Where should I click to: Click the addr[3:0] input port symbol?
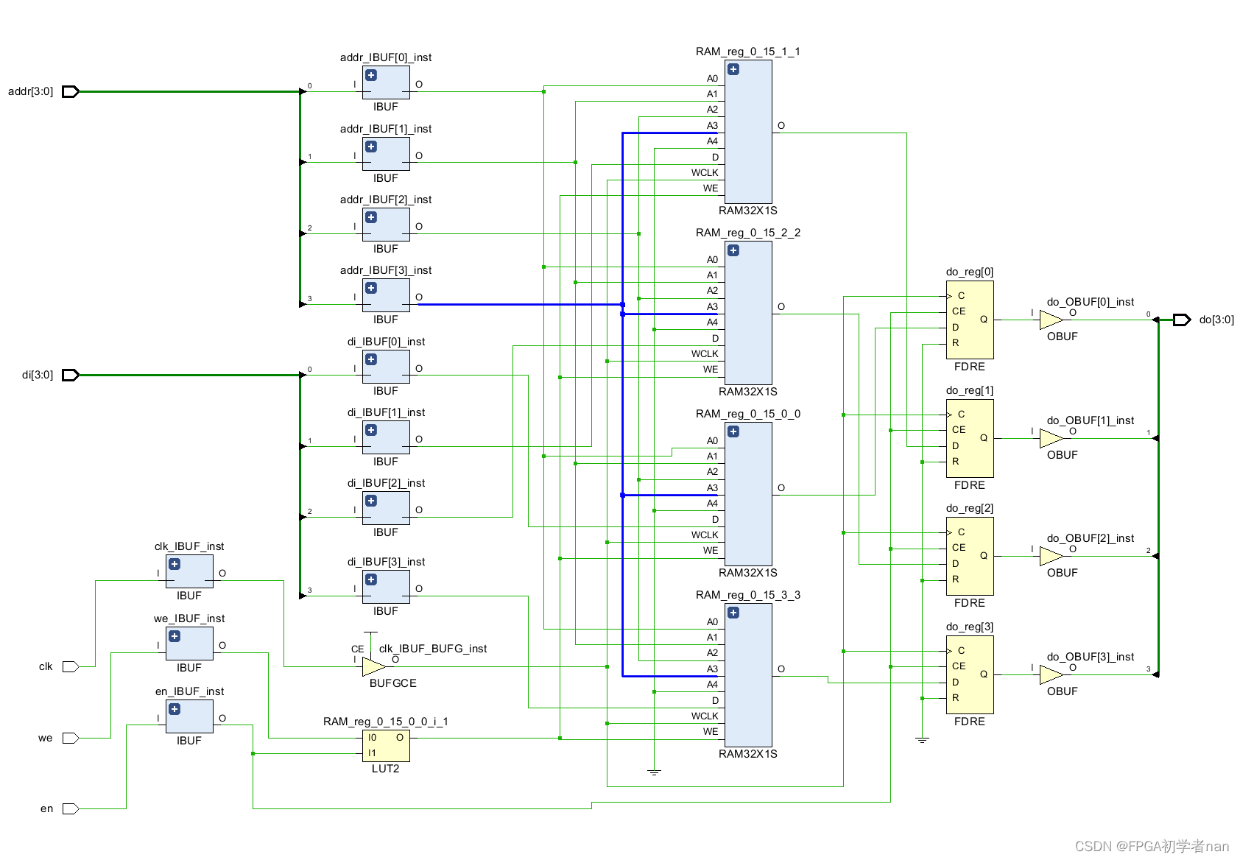pos(71,91)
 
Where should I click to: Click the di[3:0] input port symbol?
pos(71,375)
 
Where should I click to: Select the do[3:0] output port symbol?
pos(1181,320)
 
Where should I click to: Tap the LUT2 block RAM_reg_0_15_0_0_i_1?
pos(387,746)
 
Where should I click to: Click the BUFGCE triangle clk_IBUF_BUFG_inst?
pos(373,666)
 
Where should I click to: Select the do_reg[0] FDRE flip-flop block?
pos(970,320)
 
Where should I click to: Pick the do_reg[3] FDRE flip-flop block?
pos(970,674)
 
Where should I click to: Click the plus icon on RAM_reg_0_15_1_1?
pos(733,69)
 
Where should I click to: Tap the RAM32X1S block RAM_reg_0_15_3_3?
pos(749,674)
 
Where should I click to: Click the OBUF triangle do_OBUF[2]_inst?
pos(1050,556)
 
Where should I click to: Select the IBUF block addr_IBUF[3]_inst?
pos(386,295)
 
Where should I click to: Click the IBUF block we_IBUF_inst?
pos(189,644)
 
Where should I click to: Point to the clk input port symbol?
pos(71,666)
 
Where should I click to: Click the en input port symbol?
pos(71,808)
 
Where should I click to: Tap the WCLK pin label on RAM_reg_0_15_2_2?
pos(704,353)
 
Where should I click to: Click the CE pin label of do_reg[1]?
pos(959,429)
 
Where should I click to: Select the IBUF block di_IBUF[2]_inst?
pos(386,508)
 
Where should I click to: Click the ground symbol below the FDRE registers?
pos(922,739)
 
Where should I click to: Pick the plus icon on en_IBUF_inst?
pos(175,709)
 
